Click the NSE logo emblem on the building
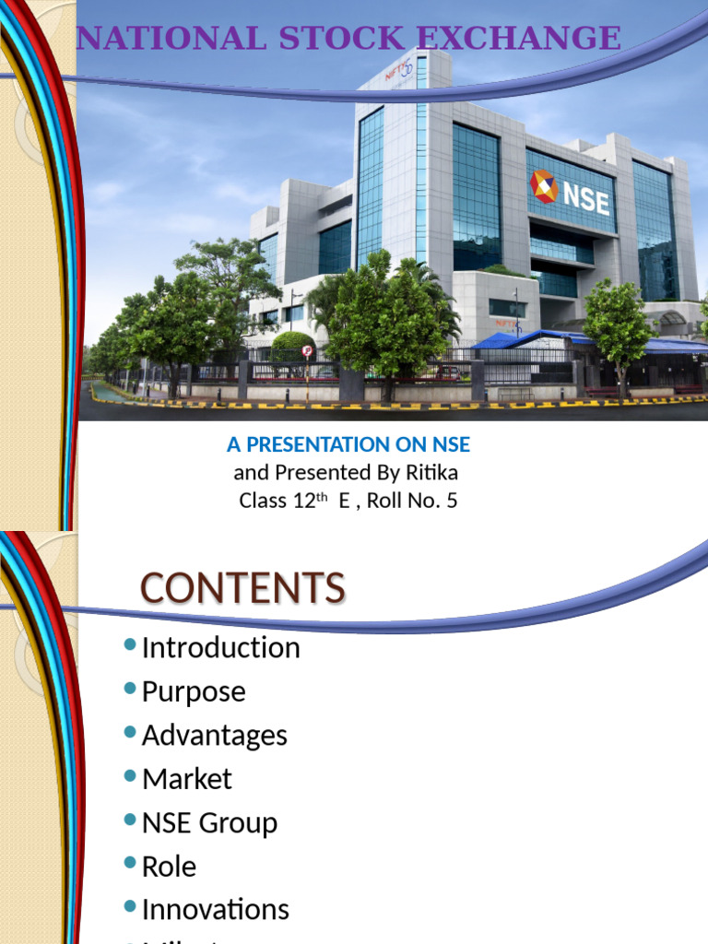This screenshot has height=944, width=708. click(544, 187)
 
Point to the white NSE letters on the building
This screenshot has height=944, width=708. click(586, 198)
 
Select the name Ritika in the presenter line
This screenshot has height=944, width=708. click(433, 473)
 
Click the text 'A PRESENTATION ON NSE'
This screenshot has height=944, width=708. click(348, 444)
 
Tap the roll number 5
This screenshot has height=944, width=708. click(452, 501)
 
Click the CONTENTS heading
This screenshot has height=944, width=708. click(242, 588)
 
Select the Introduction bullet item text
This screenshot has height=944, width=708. click(220, 647)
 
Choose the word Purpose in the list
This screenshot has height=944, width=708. click(194, 691)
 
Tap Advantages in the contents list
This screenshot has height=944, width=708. click(214, 735)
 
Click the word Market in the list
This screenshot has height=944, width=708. click(186, 779)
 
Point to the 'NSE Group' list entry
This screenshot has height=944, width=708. click(209, 822)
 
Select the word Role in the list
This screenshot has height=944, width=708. click(169, 866)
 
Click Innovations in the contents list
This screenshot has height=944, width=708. click(215, 910)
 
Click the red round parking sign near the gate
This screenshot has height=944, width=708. click(307, 350)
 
